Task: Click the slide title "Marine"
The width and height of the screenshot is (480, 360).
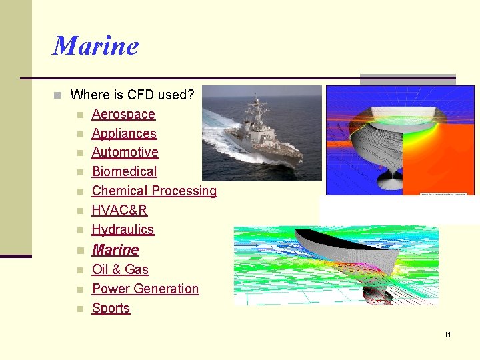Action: coord(95,46)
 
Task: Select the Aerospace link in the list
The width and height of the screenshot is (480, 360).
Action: coord(123,115)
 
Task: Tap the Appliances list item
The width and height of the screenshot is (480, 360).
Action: coord(124,133)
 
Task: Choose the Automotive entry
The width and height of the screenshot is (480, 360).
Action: coord(125,153)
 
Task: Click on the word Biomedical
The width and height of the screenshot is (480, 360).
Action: coord(124,172)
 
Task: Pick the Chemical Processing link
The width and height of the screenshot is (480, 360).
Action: coord(154,191)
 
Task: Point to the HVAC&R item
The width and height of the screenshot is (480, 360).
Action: coord(119,211)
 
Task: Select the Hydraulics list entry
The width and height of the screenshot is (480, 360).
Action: coord(123,230)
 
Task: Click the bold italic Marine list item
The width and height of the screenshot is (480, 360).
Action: coord(115,250)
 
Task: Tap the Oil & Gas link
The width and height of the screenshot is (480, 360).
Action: coord(120,270)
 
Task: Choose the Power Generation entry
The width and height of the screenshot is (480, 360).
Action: coord(145,289)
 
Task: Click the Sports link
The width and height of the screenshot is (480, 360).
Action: coord(111,309)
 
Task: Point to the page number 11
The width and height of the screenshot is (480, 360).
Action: coord(447,334)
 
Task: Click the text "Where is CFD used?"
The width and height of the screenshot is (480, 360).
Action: coord(132,95)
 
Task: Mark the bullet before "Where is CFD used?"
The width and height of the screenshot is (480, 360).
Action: coord(58,95)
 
